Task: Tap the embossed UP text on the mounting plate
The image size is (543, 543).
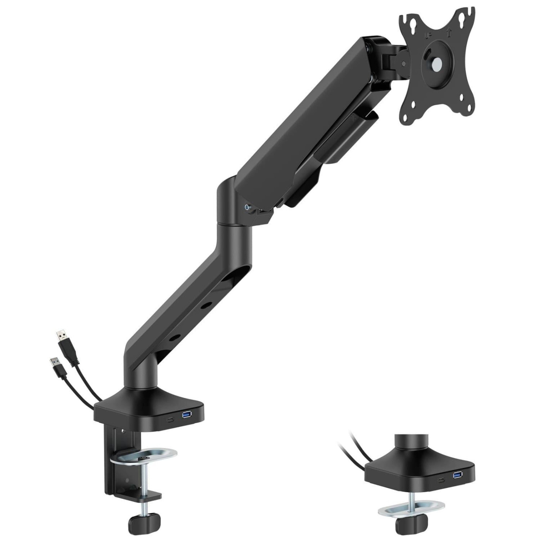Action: click(x=428, y=36)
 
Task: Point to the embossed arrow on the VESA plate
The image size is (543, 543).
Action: click(x=449, y=33)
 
